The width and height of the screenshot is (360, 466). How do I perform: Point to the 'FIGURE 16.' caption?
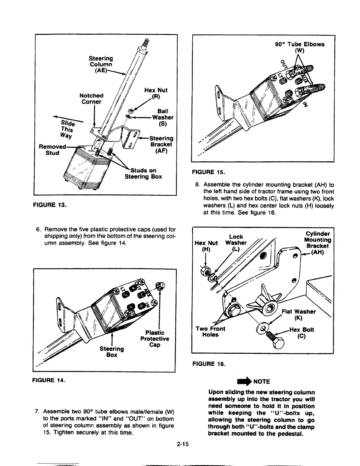click(209, 364)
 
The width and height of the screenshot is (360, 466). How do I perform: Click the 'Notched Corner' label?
click(91, 99)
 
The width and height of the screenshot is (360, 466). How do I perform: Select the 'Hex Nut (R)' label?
click(156, 93)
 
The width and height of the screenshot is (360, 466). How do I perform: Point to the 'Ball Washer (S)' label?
click(163, 117)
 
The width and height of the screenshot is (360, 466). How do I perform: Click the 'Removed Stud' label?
click(52, 150)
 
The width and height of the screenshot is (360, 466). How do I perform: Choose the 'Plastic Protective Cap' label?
click(155, 339)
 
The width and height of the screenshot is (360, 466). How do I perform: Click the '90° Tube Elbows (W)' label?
click(300, 47)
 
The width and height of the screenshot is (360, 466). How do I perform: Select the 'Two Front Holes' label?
click(210, 332)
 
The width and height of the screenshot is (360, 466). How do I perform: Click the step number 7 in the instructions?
click(38, 411)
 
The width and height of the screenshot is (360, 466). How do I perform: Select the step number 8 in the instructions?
click(198, 185)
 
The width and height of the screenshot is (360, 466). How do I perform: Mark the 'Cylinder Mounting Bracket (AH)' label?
click(318, 243)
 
